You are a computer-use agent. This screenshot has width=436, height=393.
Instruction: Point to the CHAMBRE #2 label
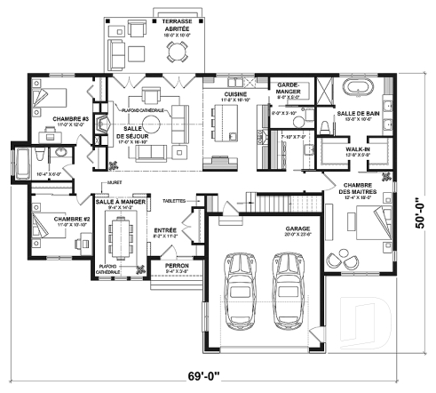point(69,220)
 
